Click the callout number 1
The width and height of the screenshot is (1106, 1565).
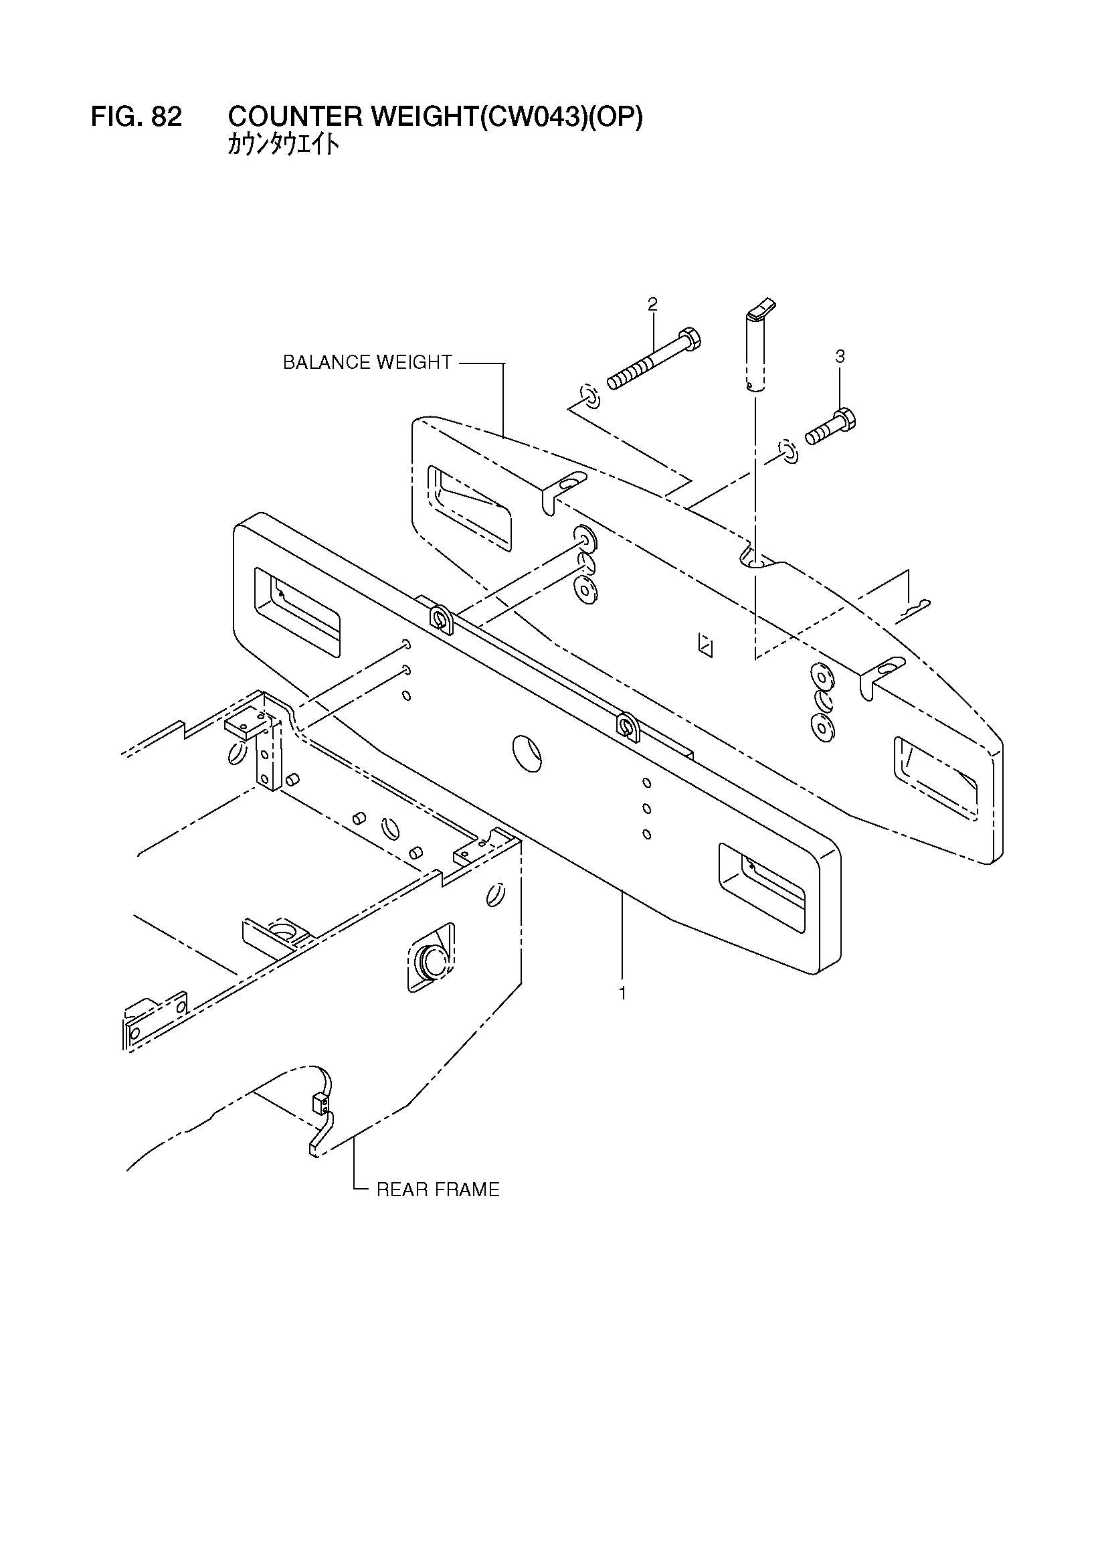pyautogui.click(x=622, y=994)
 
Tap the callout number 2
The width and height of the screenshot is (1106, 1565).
pyautogui.click(x=652, y=304)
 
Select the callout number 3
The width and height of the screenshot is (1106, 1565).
pyautogui.click(x=840, y=356)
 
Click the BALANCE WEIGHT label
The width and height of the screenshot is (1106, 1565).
pyautogui.click(x=367, y=363)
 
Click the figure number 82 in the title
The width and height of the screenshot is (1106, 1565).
pyautogui.click(x=167, y=117)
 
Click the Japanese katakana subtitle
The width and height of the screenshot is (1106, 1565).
pyautogui.click(x=283, y=145)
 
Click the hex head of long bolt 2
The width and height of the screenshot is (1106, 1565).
pyautogui.click(x=690, y=338)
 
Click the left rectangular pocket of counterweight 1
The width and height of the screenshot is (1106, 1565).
pyautogui.click(x=297, y=611)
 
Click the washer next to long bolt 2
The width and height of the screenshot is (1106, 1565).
pyautogui.click(x=588, y=396)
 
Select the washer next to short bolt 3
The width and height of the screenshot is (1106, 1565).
pyautogui.click(x=788, y=452)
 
